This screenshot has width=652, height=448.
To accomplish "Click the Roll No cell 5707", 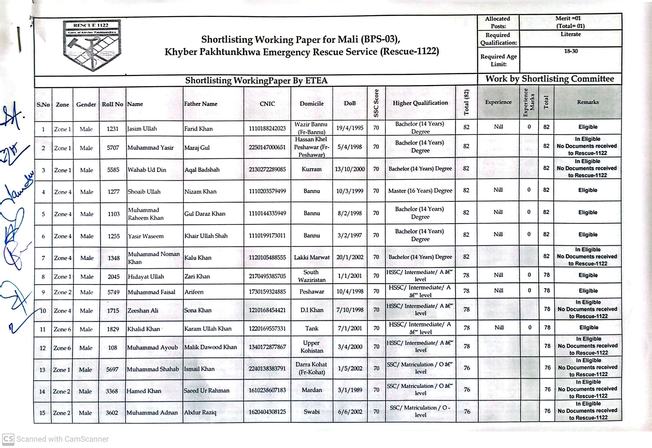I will (x=113, y=148).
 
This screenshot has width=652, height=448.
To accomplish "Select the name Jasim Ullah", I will (x=142, y=129).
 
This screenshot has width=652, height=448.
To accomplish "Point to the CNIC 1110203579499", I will (x=267, y=191).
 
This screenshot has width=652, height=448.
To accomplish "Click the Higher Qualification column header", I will (x=420, y=103).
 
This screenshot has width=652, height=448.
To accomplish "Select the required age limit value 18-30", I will (x=571, y=51).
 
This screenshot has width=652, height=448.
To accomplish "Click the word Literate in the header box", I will (x=570, y=34).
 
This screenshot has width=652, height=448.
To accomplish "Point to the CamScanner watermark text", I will (x=62, y=439).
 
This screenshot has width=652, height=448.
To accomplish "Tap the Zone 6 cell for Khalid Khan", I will (x=62, y=329).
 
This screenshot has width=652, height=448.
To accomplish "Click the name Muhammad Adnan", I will (x=152, y=413).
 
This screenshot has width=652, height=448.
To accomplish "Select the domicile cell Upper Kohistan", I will (x=311, y=347).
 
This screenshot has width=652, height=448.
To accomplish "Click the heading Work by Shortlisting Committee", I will (x=549, y=79).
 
